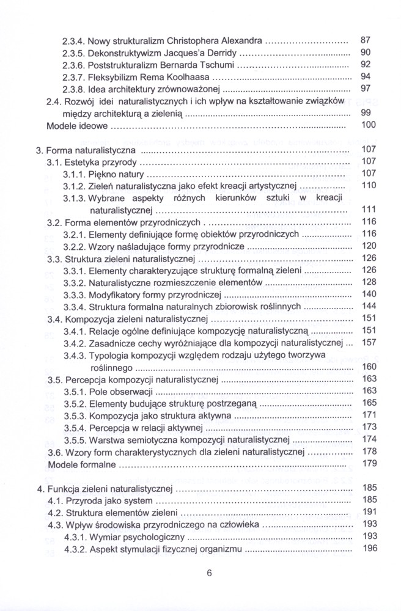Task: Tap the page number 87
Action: coord(366,40)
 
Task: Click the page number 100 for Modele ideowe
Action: coord(369,126)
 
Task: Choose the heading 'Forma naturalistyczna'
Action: coord(92,150)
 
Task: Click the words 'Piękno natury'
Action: coord(117,175)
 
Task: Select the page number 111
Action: coord(369,210)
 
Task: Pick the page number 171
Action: coord(369,415)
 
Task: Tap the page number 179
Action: coord(369,464)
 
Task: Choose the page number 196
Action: coord(369,549)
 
